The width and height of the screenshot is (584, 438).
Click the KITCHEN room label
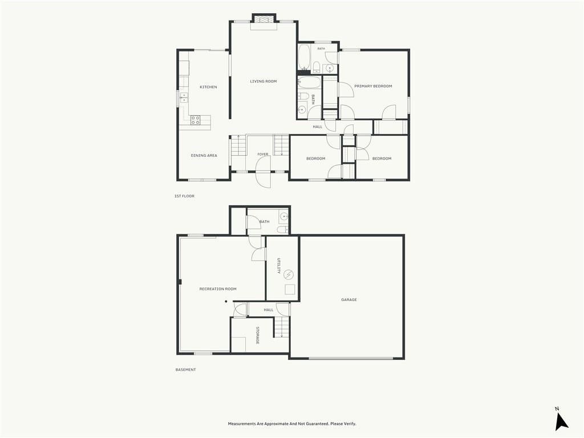coord(208,87)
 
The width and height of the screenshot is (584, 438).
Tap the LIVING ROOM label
coord(263,81)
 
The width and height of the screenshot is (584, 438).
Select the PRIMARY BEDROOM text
coord(373,86)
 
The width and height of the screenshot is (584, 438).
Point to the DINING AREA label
coord(204,155)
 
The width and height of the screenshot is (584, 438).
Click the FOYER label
coord(262,154)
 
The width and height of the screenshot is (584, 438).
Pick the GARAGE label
coord(349,299)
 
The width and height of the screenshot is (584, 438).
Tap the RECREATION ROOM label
coord(218,289)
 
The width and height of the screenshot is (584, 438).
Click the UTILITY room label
coord(278,266)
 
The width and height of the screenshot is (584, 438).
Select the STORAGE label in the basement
coord(257,335)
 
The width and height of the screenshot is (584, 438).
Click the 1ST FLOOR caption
coord(184,196)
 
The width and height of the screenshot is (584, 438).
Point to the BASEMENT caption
coord(185,370)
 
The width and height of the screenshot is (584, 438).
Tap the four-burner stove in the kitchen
coord(196,120)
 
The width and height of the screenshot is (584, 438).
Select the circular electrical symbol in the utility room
coord(289,275)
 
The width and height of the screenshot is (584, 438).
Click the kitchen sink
coord(184,98)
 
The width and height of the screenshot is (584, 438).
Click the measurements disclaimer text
coord(292,424)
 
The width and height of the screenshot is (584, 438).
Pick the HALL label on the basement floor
coord(269,310)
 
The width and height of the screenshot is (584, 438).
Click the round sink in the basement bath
coord(284,216)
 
